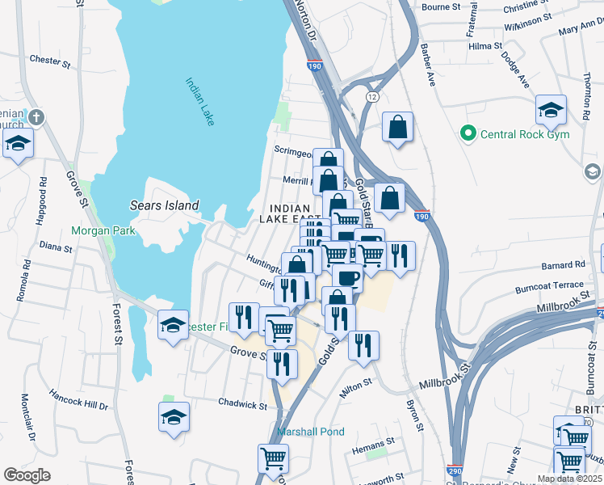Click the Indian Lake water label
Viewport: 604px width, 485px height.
[199, 101]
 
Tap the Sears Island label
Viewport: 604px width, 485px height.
[164, 205]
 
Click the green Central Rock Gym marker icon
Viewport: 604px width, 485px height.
[466, 133]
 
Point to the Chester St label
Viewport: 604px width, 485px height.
[46, 59]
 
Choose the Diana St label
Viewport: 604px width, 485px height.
[56, 246]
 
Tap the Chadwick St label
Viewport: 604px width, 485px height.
[242, 403]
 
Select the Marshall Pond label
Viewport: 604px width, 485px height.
[311, 432]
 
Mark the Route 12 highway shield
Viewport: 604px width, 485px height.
[371, 96]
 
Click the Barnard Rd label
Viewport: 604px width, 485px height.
[564, 264]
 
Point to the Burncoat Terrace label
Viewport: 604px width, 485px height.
[549, 286]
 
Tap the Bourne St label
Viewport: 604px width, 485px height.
[441, 6]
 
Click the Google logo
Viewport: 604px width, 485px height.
[27, 475]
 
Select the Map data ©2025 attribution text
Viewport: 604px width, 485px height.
[569, 479]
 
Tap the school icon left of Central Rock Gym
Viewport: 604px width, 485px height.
[551, 110]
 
